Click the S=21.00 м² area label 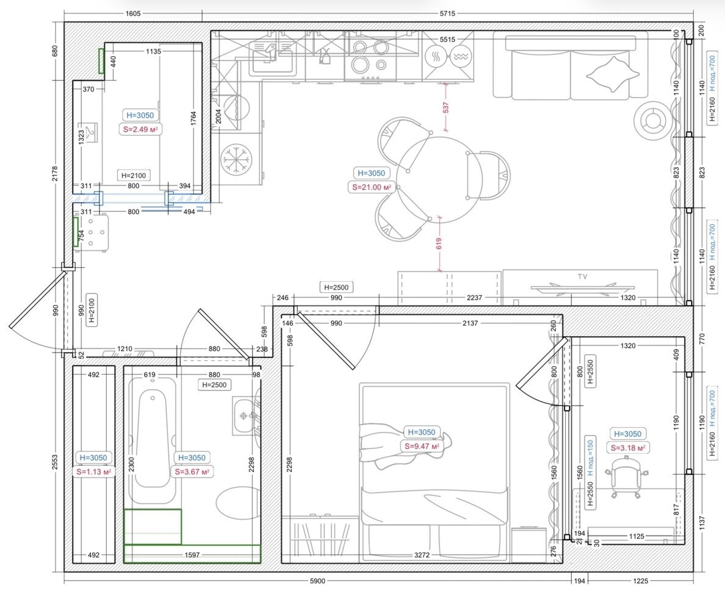tap(372, 187)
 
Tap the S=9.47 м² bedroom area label tap(422, 447)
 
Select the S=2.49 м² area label tap(140, 129)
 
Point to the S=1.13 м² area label tap(94, 472)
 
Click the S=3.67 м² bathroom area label tap(192, 472)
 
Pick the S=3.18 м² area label tap(628, 448)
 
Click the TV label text tap(582, 276)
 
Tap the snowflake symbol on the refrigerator tap(236, 159)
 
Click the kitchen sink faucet tap(270, 51)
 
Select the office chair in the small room tap(627, 476)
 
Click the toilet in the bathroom tap(237, 503)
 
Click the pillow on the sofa tap(612, 74)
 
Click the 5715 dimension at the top tap(447, 14)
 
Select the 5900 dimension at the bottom tap(317, 581)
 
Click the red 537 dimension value tap(445, 108)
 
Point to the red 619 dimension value tap(438, 243)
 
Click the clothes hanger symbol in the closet tap(90, 133)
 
